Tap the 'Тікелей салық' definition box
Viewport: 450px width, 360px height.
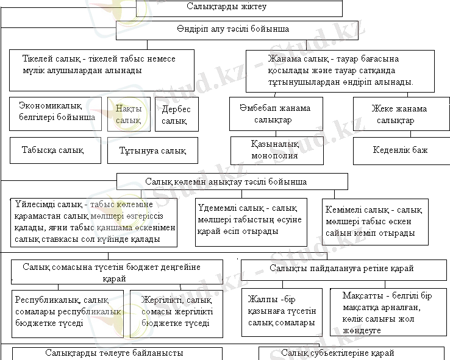point(101,70)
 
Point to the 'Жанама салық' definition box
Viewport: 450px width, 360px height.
point(340,71)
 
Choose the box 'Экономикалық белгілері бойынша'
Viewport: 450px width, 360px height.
point(55,113)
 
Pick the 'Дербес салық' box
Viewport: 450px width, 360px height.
point(177,115)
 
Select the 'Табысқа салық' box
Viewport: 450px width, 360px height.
point(55,150)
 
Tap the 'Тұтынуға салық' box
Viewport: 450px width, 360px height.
point(152,150)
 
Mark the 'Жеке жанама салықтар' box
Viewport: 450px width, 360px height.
point(399,114)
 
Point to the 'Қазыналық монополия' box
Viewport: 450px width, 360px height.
point(276,150)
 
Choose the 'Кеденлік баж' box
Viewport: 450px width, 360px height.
point(400,150)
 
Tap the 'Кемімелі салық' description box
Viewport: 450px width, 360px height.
point(375,221)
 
